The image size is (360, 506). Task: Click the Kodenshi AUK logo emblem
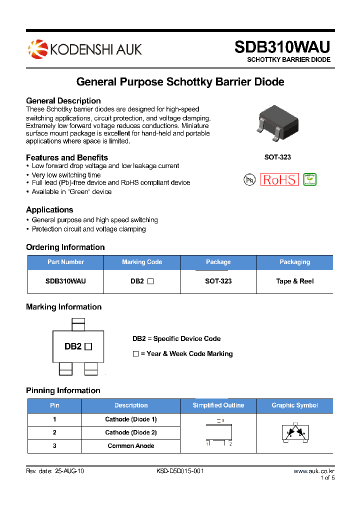coord(37,49)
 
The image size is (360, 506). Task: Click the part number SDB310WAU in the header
coord(282,46)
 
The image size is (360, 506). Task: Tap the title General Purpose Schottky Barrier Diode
coord(180,81)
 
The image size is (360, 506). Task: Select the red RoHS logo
coord(280,180)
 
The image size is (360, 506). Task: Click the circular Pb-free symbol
coord(249,180)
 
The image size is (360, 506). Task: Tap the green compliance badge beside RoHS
coord(310,179)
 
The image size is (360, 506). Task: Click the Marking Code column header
coord(142,262)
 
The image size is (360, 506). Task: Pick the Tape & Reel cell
coord(294,281)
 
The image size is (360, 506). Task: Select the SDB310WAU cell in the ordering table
coord(65,281)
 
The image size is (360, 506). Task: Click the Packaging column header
coord(294,262)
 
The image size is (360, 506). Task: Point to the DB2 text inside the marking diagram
coord(73,346)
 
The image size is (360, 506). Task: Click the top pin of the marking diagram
coord(78,324)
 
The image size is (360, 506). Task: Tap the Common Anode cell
coord(131,446)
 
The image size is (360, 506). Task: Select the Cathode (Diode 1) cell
coord(131,419)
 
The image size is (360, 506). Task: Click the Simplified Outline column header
coord(218,405)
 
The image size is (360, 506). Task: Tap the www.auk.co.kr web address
coord(313,471)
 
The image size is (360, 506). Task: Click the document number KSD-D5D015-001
coord(180,471)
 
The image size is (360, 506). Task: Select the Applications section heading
coord(49,210)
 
